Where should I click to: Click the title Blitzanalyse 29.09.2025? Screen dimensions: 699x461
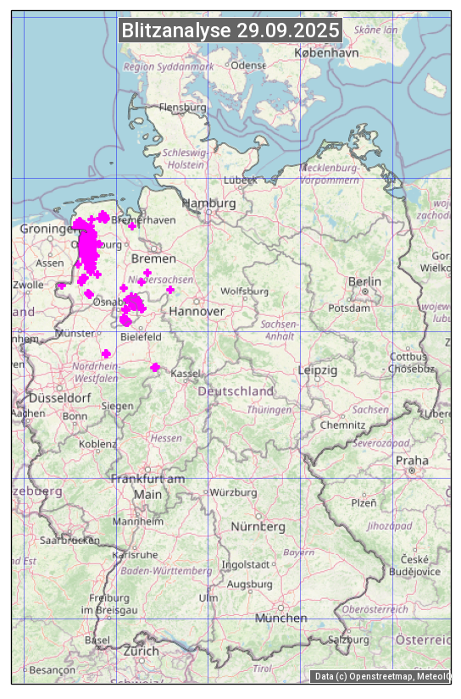pos(230,31)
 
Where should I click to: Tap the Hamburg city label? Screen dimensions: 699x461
pos(209,203)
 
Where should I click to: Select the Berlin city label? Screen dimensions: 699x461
pos(364,281)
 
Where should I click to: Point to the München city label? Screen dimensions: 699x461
pos(280,618)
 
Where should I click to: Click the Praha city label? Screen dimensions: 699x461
pos(412,460)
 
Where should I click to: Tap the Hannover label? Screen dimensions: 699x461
pos(197,312)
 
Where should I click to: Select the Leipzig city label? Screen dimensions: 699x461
pos(318,370)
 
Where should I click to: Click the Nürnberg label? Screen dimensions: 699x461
pos(258,526)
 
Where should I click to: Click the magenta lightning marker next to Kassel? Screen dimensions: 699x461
pos(155,367)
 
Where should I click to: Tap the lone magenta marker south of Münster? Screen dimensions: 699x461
pos(106,353)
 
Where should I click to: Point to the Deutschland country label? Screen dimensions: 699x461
pos(236,391)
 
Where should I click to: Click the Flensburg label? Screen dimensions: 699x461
pos(182,108)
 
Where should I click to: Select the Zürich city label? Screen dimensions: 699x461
pos(141,651)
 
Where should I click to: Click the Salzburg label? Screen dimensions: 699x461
pos(349,640)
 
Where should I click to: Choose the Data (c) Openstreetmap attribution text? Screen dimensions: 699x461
pos(381,676)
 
